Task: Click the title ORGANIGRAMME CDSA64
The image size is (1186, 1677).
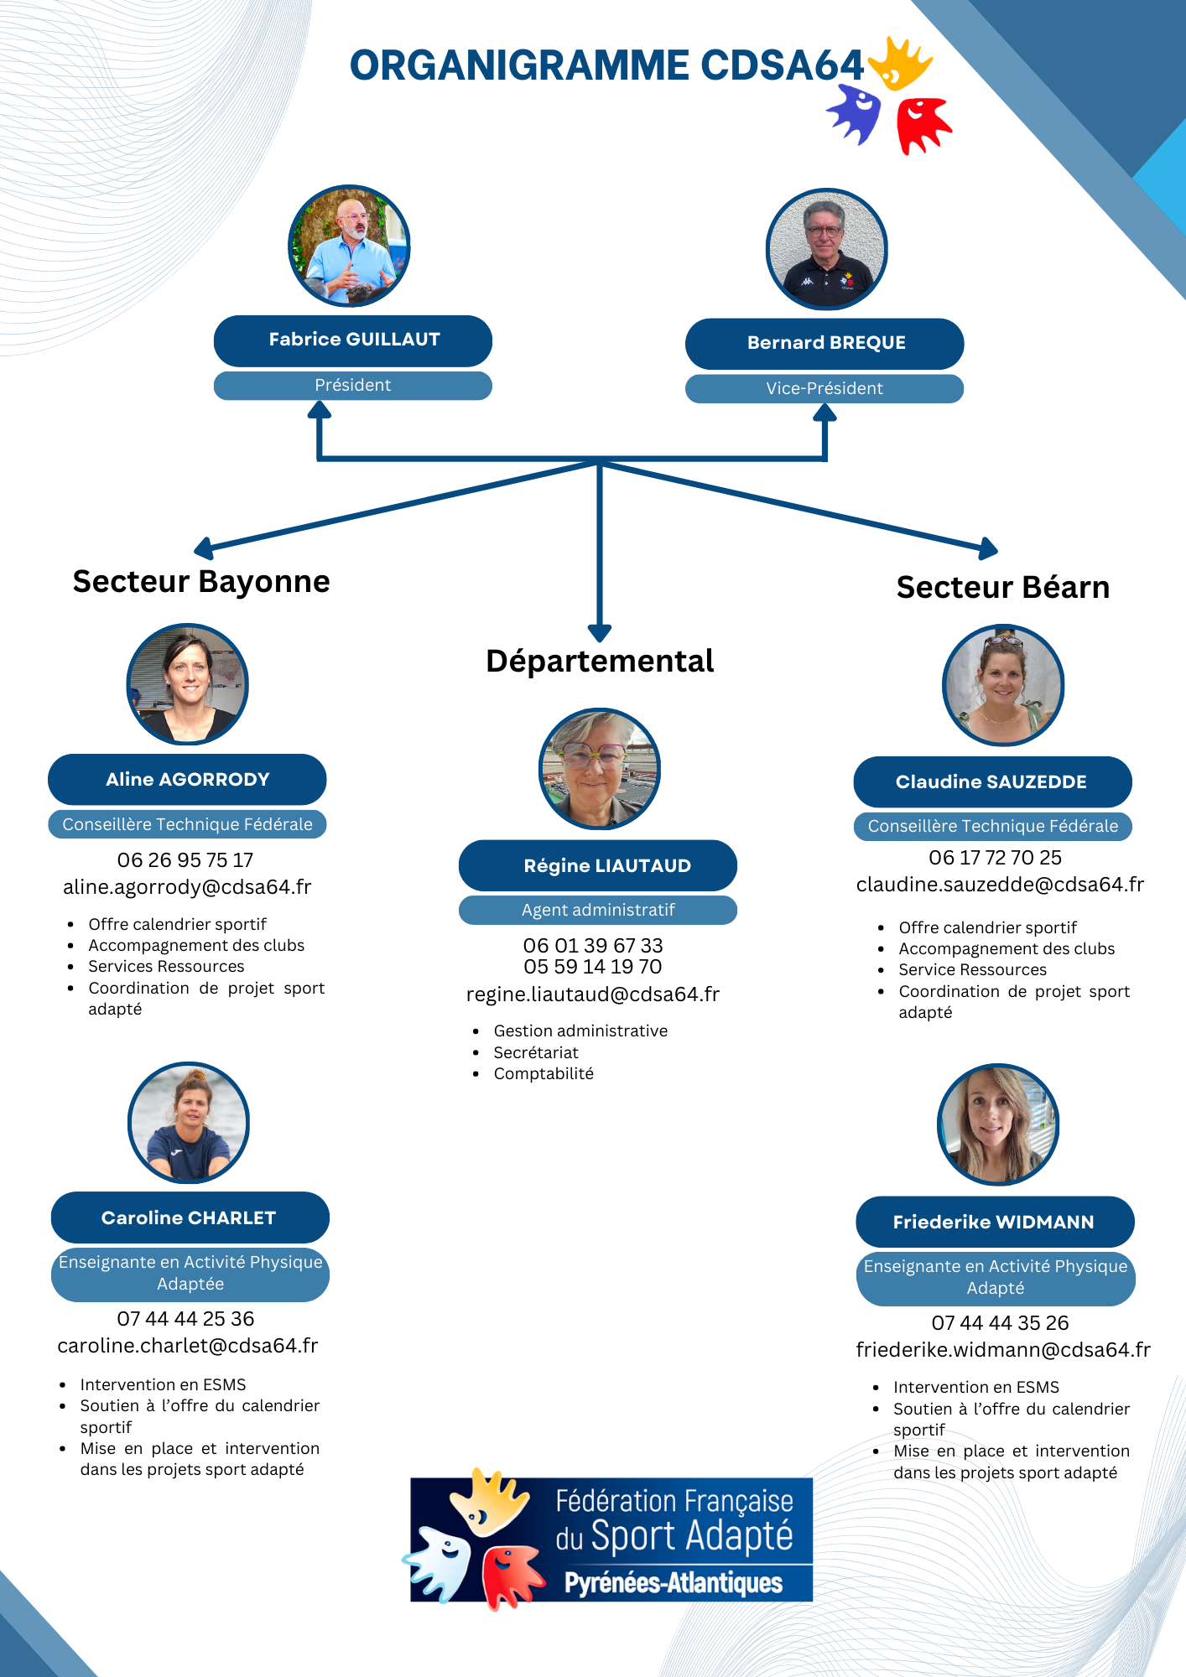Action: pos(606,66)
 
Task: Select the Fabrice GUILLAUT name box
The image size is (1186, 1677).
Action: pos(353,340)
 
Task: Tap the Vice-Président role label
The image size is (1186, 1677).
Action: pos(824,389)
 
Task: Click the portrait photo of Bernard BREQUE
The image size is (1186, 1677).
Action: pos(826,249)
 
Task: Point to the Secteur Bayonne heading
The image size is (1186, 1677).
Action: pos(201,582)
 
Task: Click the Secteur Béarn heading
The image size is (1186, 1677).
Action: pos(1002,588)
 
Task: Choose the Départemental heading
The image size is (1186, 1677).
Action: pos(600,662)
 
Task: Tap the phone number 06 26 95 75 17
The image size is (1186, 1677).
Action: pos(185,860)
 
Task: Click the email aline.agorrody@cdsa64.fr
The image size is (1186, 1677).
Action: pos(187,887)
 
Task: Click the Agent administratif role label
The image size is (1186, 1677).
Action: pos(598,911)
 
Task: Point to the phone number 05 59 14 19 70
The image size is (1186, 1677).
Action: pos(593,967)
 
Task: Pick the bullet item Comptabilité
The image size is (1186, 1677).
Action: pos(544,1074)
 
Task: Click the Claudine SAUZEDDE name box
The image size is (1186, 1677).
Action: pos(992,781)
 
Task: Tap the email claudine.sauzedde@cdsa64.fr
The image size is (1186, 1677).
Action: pos(1000,885)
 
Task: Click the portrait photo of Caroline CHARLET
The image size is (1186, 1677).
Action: pos(189,1123)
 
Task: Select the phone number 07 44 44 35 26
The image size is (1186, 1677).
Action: pos(1000,1323)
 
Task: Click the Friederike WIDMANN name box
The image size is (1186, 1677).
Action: pos(995,1222)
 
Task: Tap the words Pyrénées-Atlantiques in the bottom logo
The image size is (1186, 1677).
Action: pos(674,1583)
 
